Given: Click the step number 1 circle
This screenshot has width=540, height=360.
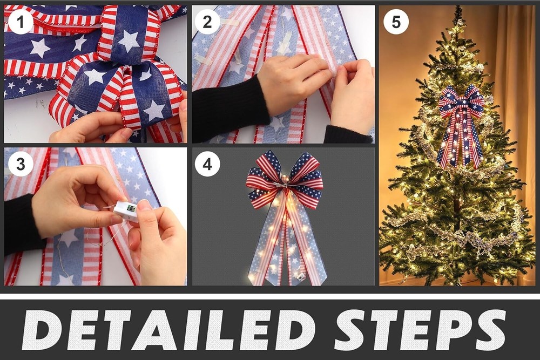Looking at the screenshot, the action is click(21, 22).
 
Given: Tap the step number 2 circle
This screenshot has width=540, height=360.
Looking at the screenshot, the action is click(207, 22).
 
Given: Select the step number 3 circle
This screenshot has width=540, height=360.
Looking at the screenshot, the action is click(21, 164).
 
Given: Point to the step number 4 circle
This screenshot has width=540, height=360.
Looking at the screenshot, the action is click(207, 164).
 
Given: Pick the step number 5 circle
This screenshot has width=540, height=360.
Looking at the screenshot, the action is click(396, 22).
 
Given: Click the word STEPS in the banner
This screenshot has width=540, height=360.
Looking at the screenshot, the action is click(420, 330).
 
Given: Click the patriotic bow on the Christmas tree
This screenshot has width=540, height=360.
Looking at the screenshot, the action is click(461, 126).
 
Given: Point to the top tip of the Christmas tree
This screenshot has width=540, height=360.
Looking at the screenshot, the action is click(458, 6).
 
